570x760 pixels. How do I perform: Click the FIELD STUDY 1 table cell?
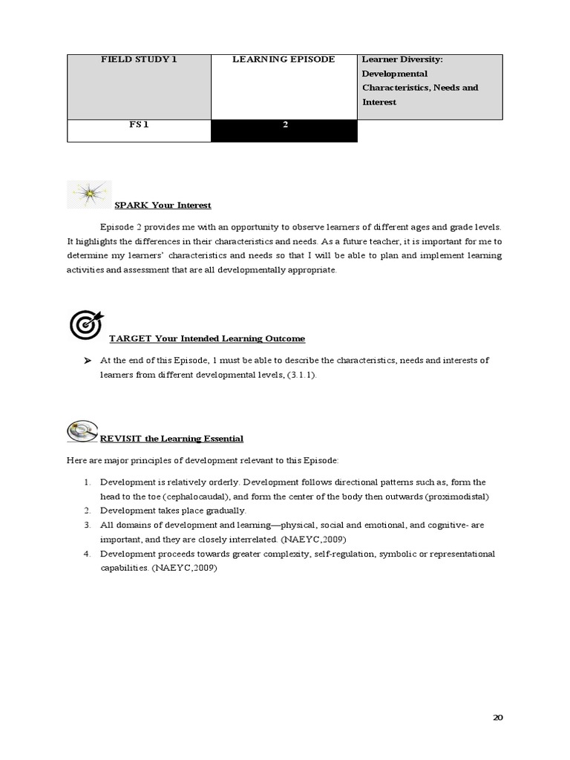coord(139,86)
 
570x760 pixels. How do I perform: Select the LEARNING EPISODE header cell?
coord(284,86)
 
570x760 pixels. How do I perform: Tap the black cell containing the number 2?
coord(284,131)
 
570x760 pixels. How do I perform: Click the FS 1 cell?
coord(139,131)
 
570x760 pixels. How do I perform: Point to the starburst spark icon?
coord(89,194)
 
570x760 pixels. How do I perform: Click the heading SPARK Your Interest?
coord(162,206)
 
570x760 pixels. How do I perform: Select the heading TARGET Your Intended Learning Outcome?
coord(206,338)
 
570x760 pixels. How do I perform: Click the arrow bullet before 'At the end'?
coord(87,360)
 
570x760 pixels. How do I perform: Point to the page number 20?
coord(497,717)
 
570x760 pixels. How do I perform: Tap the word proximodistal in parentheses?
coord(452,497)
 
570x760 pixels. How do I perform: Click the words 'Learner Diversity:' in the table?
coord(402,59)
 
